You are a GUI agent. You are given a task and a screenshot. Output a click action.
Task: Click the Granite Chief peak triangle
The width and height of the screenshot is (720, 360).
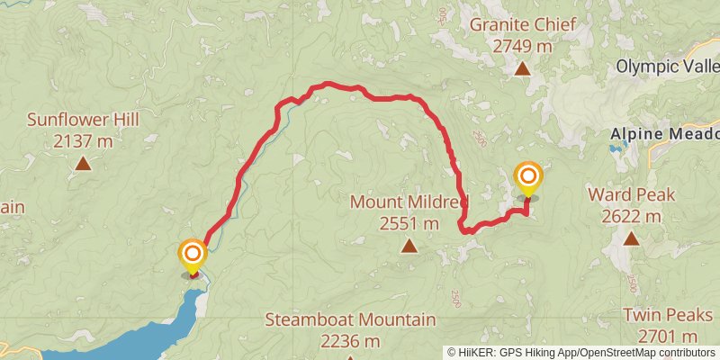point(522,68)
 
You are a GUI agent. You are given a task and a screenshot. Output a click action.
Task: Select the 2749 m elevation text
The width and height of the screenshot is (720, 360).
point(523,45)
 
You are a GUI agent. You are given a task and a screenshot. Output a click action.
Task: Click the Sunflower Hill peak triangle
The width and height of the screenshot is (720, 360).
point(83,163)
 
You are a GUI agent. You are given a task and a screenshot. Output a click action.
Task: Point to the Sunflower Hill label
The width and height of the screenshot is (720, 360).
point(83,120)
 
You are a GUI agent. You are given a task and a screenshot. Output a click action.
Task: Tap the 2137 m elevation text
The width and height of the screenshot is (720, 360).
point(83,140)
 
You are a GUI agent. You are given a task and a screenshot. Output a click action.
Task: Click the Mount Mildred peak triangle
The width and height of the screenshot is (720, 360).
point(409,245)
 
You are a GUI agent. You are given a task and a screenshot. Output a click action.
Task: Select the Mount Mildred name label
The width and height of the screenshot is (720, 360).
point(409,202)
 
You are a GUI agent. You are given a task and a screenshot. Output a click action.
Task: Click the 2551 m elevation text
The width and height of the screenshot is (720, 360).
point(409,222)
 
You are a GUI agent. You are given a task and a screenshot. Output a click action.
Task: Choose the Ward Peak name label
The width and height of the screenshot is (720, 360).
point(625,194)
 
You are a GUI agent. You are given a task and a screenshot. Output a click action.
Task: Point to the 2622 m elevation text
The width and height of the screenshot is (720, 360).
point(625,216)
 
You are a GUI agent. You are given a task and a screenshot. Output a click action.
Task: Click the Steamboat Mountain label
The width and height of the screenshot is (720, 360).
point(351,319)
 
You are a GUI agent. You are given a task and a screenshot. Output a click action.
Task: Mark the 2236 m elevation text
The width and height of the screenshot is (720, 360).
point(350,341)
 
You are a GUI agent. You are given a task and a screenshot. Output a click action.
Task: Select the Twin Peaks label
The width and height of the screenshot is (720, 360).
point(670,315)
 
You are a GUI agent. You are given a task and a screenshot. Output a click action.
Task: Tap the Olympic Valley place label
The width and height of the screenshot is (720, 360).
point(667,67)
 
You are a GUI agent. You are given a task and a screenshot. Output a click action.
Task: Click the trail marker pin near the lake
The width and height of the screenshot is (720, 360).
point(192,256)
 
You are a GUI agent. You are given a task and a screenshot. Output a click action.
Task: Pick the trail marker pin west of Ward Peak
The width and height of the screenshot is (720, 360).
point(527,177)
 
